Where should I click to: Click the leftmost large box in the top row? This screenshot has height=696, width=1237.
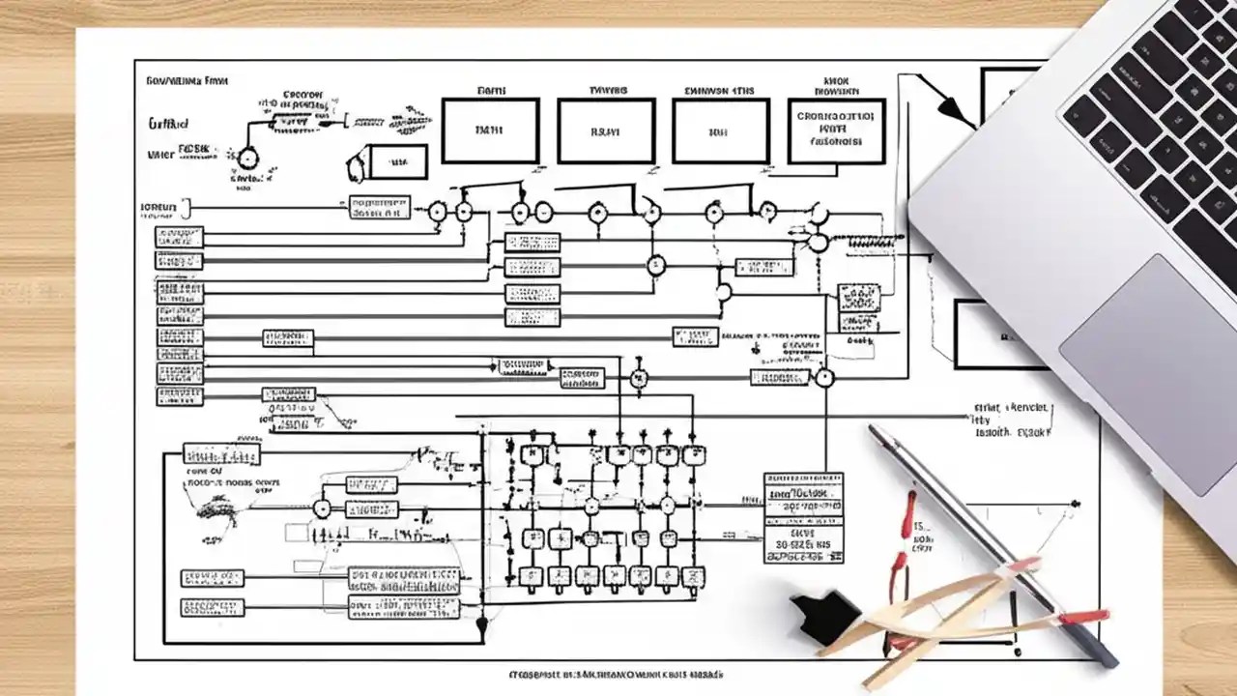490,130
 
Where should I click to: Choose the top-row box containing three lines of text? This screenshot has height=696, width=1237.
837,130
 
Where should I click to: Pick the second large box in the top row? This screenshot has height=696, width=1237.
606,130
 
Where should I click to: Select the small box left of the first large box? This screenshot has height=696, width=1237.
398,160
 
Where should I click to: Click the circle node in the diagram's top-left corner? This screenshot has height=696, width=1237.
248,159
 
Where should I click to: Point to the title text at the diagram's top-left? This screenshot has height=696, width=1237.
187,83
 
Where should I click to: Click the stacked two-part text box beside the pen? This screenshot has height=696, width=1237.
803,516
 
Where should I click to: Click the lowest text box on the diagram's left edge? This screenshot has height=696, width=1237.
213,608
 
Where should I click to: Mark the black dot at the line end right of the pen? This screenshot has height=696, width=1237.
1076,504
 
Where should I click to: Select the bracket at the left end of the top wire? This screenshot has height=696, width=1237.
187,206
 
